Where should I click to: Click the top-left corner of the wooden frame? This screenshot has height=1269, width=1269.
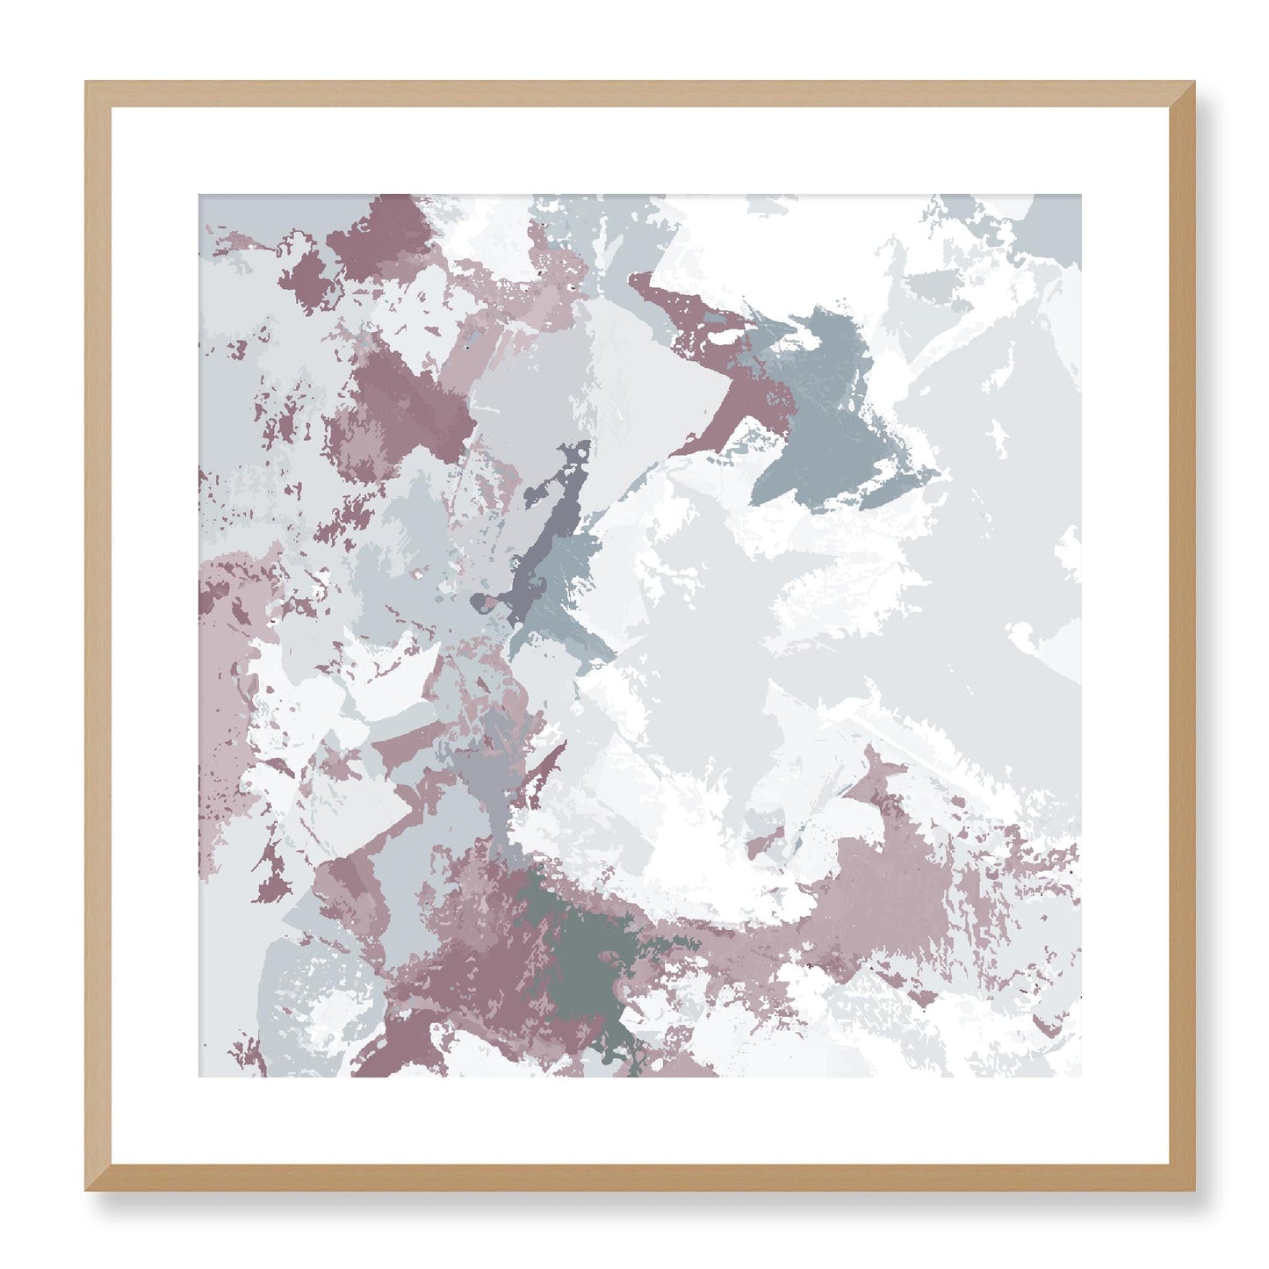point(86,83)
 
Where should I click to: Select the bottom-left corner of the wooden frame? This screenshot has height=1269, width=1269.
point(86,1191)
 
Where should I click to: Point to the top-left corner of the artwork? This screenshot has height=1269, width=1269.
point(199,195)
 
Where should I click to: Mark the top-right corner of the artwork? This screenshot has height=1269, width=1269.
point(1081,195)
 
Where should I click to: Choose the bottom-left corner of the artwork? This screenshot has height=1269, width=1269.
point(199,1077)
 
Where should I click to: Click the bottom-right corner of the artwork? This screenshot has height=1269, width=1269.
point(1081,1077)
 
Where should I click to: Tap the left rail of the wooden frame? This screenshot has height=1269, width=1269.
point(98,636)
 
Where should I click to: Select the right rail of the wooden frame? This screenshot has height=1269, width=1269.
point(1183,636)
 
